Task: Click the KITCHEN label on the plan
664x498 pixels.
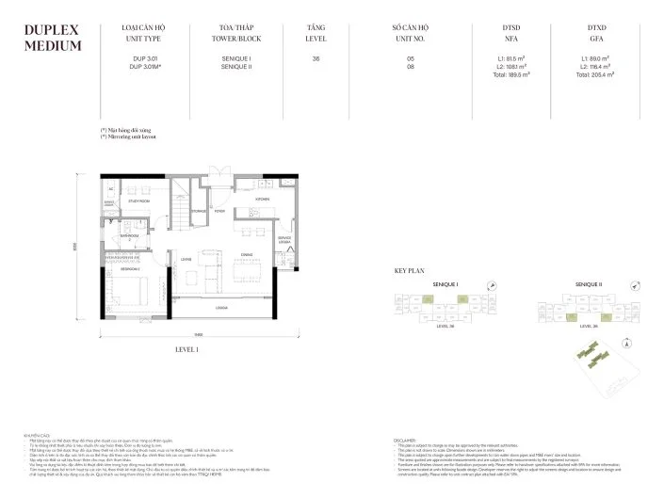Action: click(263, 200)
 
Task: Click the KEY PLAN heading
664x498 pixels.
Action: click(413, 270)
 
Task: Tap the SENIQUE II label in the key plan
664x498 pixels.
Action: click(589, 283)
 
